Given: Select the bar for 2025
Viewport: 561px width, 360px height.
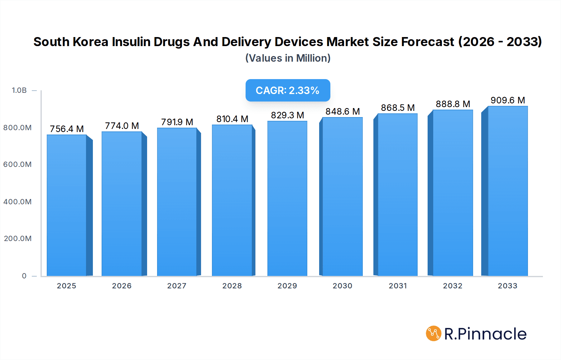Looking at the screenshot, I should point(67,206).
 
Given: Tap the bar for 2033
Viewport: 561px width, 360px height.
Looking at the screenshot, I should point(508,191).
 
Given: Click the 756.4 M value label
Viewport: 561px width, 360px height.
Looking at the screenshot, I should point(67,129).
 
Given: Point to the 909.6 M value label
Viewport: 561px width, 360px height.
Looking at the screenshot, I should point(508,100).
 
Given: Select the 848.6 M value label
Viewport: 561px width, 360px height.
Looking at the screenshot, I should point(343,111).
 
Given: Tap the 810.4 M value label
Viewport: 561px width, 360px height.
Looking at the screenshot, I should point(232,119).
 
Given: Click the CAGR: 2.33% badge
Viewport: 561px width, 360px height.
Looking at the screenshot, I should point(288,90).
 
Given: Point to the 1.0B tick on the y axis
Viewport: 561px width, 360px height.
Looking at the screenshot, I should point(19,90).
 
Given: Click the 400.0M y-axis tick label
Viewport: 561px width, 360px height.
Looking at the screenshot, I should point(17,202).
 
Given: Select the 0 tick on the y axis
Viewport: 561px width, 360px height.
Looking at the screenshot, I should point(24,276).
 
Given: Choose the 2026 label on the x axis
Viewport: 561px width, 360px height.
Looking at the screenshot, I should point(122,286).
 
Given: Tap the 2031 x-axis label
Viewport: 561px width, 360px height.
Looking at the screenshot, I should point(398,286).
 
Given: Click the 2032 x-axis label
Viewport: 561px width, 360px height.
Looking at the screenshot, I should point(453,286).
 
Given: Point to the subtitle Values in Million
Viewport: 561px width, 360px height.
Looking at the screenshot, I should point(288,58).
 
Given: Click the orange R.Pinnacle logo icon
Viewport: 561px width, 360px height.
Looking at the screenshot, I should point(434,334).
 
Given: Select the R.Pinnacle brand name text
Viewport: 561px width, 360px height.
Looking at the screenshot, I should point(485,334).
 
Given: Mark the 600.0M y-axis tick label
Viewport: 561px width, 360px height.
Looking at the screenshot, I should point(17,164).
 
